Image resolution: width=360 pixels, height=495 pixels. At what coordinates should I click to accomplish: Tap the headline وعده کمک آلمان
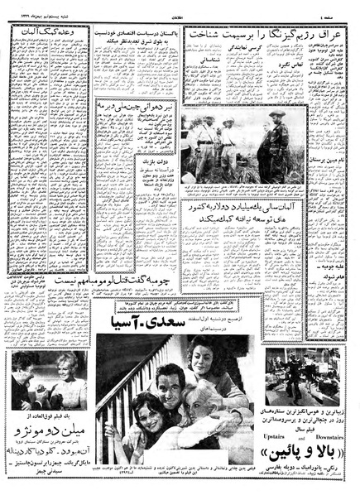click(x=48, y=31)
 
